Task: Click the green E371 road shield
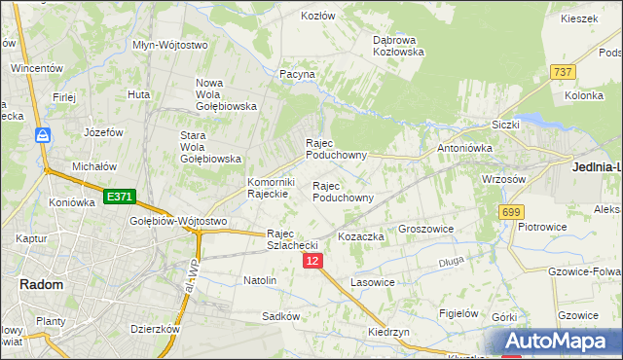(119, 197)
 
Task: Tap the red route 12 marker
(311, 262)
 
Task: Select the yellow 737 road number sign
(562, 73)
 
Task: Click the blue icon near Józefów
(43, 135)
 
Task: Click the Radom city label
(41, 284)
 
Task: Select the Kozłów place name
(318, 17)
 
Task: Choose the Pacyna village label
(297, 74)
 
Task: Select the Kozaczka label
(361, 236)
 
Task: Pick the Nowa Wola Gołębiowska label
(226, 94)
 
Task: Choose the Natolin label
(260, 280)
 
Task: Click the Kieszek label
(579, 18)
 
